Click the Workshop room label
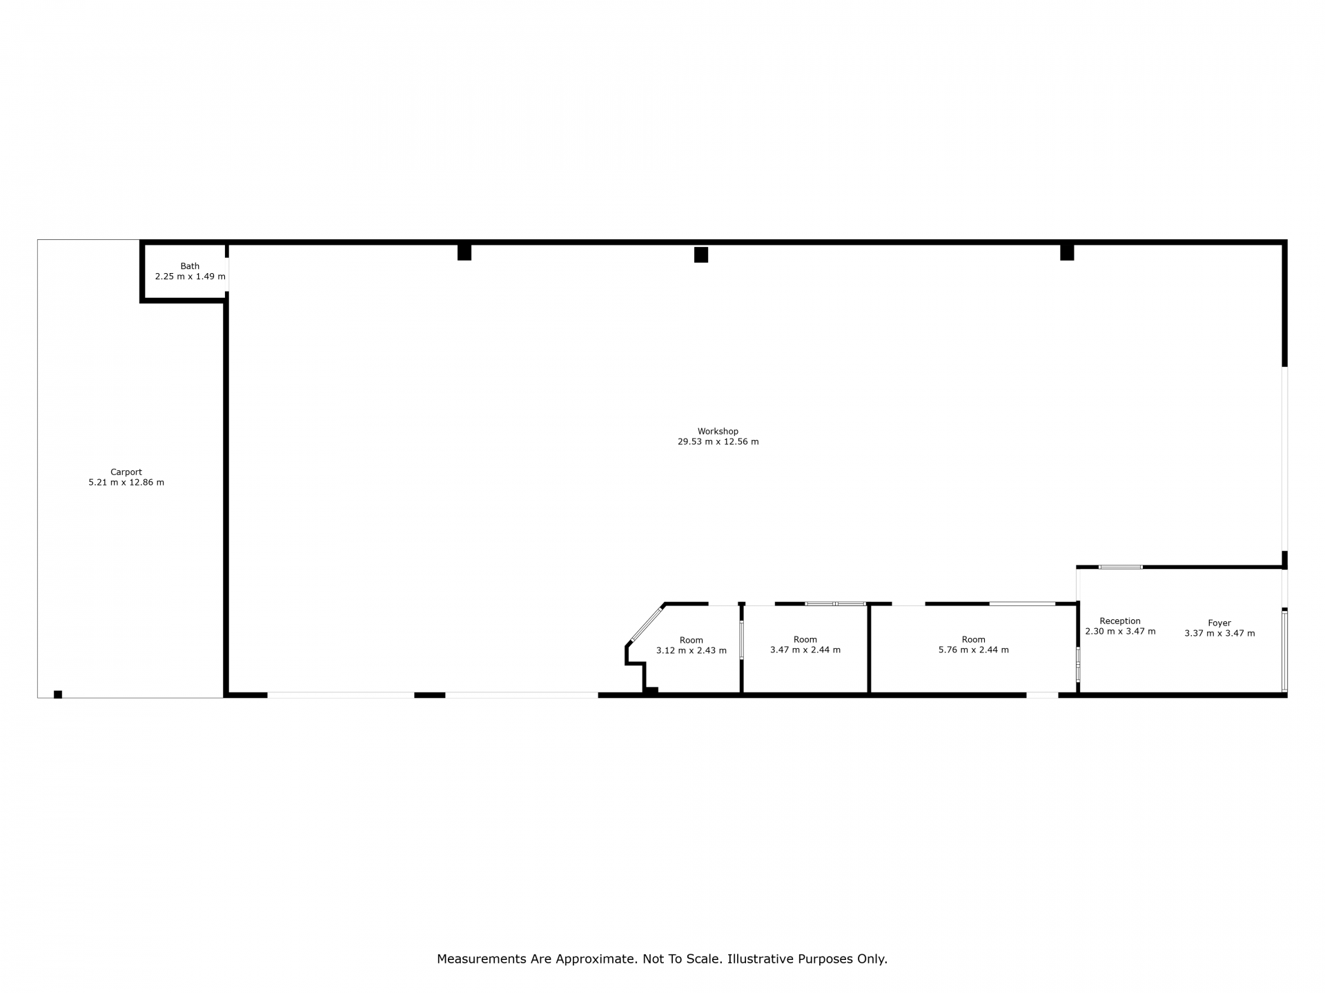click(718, 432)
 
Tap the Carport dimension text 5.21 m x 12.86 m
click(126, 483)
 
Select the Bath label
click(190, 266)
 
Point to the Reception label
click(1120, 621)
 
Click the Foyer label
click(1219, 623)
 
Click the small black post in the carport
click(58, 694)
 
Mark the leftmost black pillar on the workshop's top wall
click(464, 252)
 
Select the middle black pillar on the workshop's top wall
click(701, 254)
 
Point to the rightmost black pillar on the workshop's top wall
click(1067, 252)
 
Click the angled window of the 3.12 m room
click(646, 624)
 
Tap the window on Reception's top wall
click(1121, 567)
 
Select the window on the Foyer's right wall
click(1284, 652)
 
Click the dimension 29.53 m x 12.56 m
click(718, 442)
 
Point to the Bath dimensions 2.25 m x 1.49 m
click(190, 277)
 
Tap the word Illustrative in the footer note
click(760, 959)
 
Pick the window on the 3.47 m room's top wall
click(836, 604)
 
